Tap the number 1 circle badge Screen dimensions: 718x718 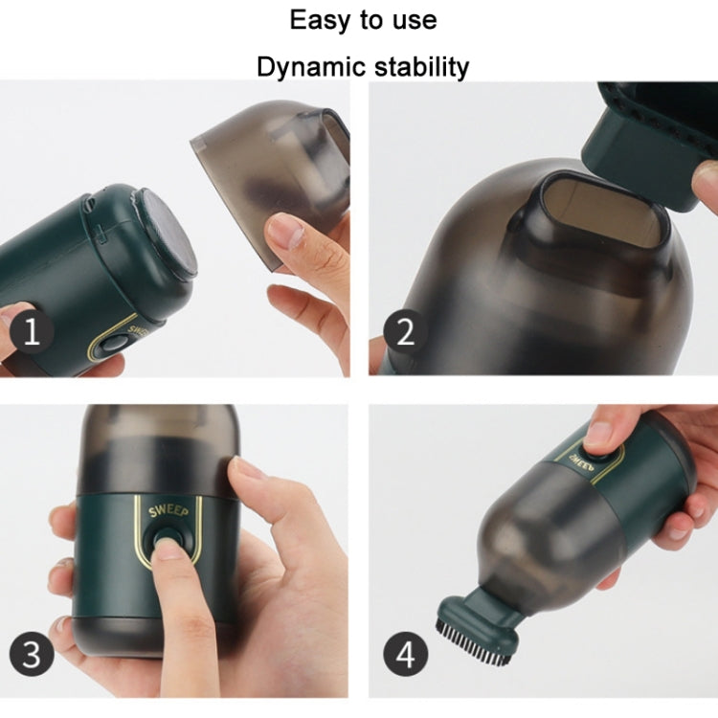click(33, 333)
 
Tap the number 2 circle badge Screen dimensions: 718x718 click(406, 333)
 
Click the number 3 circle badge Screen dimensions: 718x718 click(33, 655)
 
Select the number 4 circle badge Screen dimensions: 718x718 click(406, 655)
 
